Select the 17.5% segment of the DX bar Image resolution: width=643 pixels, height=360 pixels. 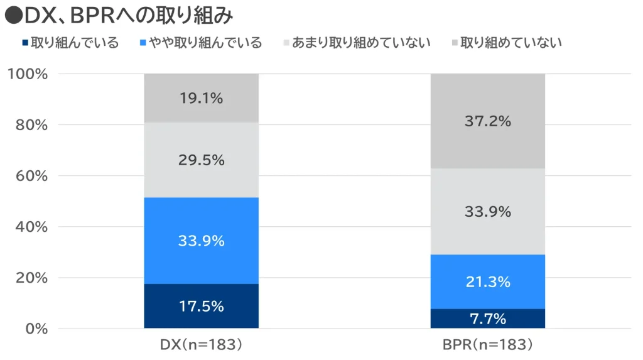tap(201, 306)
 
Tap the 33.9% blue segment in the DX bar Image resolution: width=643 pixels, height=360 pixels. tap(201, 241)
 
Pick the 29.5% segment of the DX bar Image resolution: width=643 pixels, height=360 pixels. tap(201, 160)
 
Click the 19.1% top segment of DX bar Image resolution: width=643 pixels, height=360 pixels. tap(201, 98)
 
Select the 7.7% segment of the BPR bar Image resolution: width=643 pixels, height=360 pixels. tap(487, 319)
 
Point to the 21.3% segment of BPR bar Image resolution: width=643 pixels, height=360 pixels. tap(487, 282)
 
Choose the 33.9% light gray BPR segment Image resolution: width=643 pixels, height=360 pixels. tap(487, 212)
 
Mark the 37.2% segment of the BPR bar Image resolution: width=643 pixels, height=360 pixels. tap(487, 121)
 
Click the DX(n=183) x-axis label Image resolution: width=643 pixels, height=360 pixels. tap(201, 344)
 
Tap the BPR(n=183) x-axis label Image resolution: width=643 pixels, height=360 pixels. tap(487, 344)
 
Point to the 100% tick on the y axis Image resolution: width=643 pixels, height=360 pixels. tap(28, 74)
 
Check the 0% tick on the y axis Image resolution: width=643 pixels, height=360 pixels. tap(35, 329)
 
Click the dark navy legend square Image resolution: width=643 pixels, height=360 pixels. tap(24, 43)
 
